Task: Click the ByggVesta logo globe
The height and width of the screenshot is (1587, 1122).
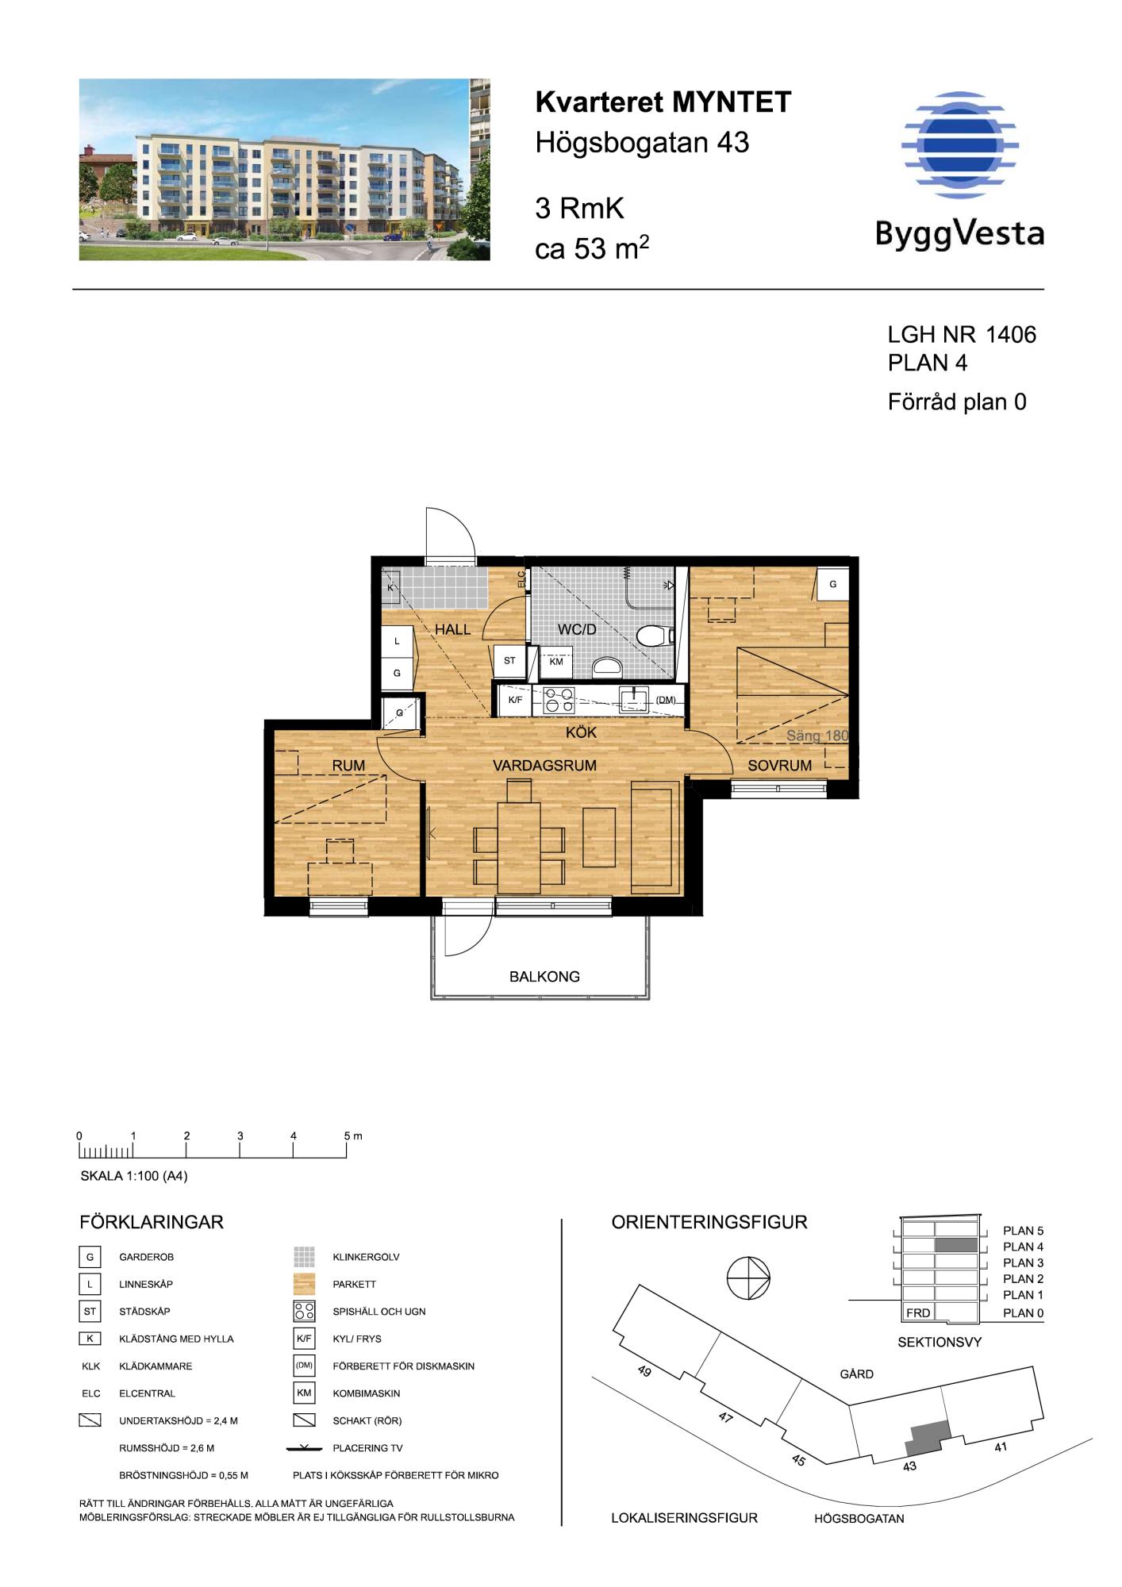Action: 959,144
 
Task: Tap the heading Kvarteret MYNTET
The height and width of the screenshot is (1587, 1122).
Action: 663,102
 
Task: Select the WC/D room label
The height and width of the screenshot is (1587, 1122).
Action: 577,630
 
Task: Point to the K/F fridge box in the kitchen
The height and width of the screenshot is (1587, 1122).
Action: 515,700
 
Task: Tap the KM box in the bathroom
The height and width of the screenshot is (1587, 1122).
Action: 556,662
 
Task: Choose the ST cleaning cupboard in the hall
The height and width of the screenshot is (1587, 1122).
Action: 509,661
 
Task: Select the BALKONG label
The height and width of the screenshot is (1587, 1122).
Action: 544,977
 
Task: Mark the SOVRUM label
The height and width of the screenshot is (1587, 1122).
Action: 779,766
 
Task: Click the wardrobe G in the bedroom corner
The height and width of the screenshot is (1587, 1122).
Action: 832,584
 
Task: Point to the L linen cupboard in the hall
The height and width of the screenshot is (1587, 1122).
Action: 398,641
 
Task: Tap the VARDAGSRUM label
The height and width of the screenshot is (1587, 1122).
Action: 544,766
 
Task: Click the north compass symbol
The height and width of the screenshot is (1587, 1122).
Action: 748,1279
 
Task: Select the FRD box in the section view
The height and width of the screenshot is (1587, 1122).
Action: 918,1312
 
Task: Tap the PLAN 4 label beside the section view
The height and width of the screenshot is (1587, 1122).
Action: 1023,1247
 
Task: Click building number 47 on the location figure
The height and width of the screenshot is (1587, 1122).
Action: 725,1417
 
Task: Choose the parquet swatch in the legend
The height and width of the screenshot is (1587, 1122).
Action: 304,1284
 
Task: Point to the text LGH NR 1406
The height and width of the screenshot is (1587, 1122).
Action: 962,335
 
